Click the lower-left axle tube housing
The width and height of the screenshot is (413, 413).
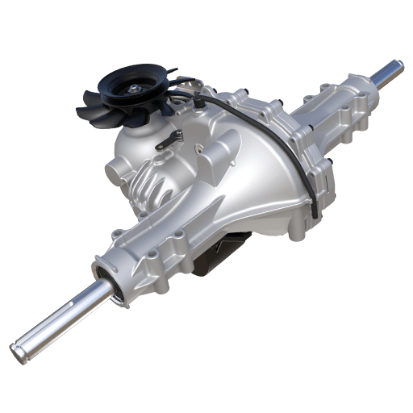[149, 250]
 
